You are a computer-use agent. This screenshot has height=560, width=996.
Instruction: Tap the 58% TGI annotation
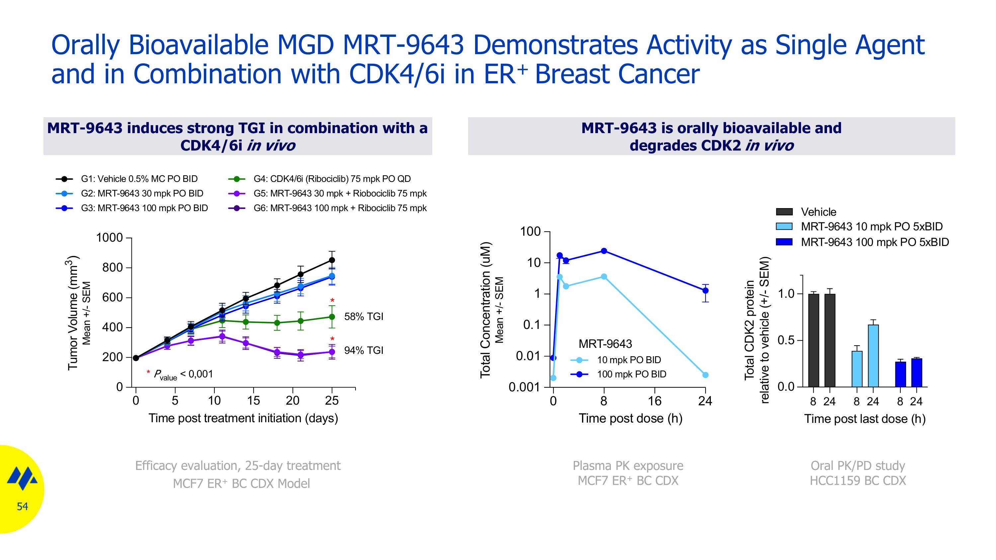(364, 317)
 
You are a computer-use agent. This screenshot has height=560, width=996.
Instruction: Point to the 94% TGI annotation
(364, 350)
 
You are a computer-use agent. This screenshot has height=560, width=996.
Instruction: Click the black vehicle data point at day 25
(332, 260)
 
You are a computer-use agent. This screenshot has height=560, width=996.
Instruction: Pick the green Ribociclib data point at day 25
(332, 317)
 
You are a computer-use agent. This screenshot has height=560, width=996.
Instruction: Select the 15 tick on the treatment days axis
(253, 400)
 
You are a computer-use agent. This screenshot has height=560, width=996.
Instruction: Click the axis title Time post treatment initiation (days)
(243, 418)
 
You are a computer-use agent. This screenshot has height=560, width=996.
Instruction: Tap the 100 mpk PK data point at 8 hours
(604, 251)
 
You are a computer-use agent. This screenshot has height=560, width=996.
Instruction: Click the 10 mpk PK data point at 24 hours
(705, 375)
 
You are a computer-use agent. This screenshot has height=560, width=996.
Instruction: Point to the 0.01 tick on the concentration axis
(528, 356)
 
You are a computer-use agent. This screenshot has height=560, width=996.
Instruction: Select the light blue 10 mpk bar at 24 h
(873, 356)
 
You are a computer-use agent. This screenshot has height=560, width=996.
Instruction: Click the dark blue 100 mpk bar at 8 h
(900, 374)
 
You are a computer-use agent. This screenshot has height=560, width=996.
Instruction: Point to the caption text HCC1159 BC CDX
(858, 481)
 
